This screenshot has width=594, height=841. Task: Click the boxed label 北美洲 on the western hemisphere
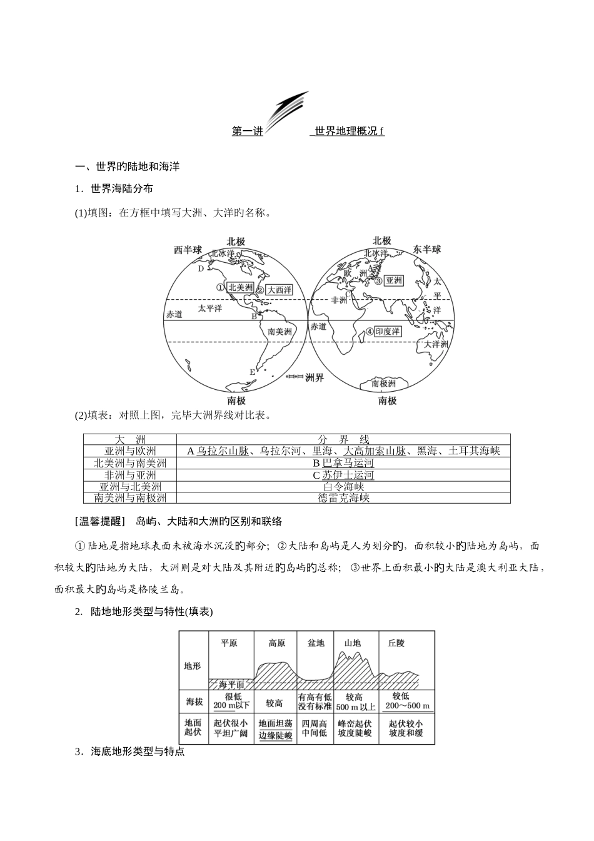click(x=241, y=287)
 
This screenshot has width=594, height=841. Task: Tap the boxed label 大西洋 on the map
click(x=279, y=290)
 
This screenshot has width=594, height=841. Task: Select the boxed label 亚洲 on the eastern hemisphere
click(x=393, y=281)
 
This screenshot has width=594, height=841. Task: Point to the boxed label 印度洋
click(x=388, y=332)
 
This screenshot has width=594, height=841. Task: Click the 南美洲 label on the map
click(x=279, y=332)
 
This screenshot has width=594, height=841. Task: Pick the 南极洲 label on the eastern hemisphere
click(x=384, y=383)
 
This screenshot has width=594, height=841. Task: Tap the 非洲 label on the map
click(x=339, y=300)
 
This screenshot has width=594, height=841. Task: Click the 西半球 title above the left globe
click(x=188, y=250)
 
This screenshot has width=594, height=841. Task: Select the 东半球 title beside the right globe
click(x=427, y=249)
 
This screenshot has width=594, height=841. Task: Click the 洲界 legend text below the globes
click(x=315, y=377)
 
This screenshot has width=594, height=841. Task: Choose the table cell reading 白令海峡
click(x=343, y=486)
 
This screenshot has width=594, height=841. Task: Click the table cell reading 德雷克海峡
click(x=343, y=497)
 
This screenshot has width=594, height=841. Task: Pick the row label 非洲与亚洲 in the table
click(x=130, y=474)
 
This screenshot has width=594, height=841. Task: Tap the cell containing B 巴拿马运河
click(x=343, y=463)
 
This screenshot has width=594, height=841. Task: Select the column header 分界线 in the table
click(x=343, y=439)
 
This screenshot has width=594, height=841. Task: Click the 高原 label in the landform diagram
click(x=276, y=643)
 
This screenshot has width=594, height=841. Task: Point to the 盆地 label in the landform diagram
click(x=316, y=643)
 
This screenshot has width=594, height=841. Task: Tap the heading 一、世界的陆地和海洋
click(x=128, y=166)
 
